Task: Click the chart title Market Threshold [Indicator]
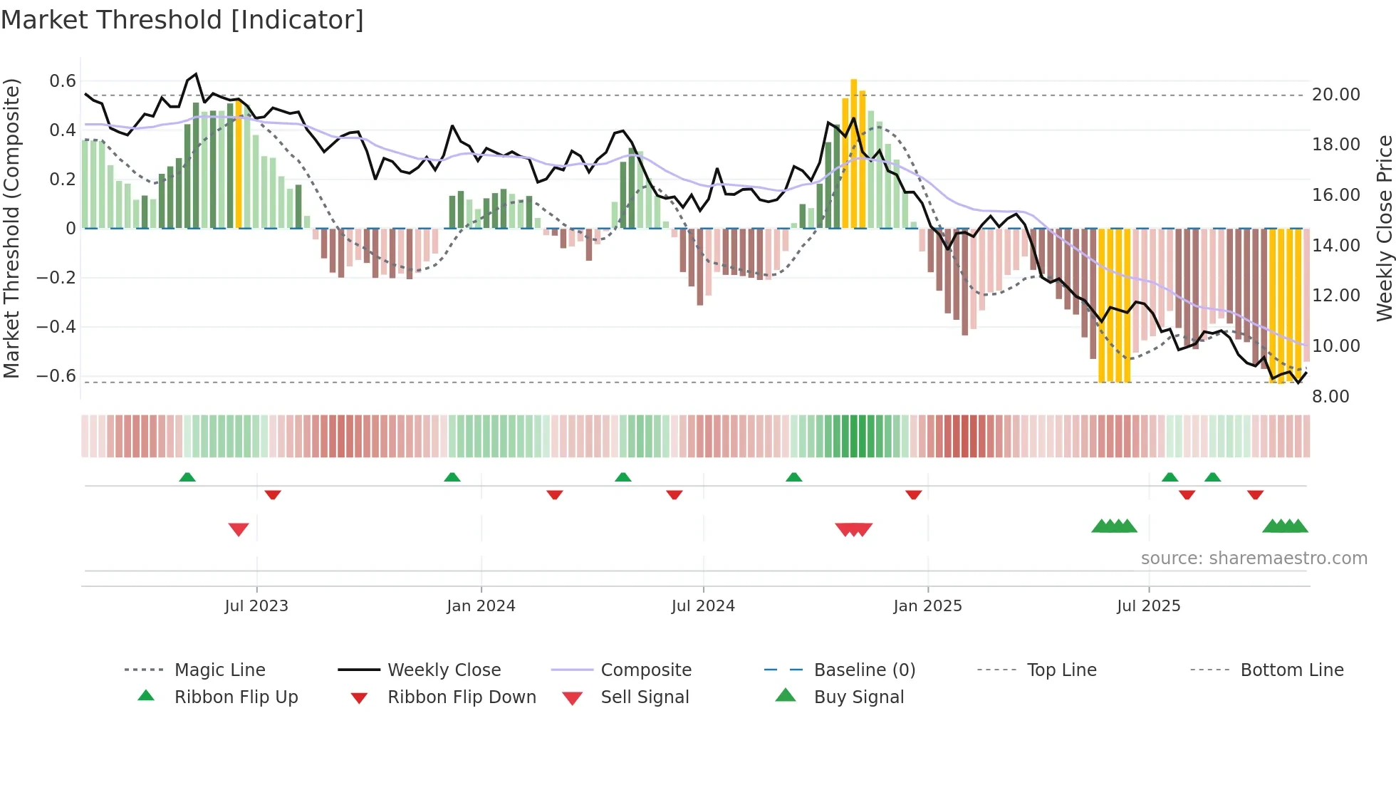tap(182, 20)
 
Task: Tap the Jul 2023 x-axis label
tap(256, 606)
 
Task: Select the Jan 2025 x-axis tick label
tap(927, 606)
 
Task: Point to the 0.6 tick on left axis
tap(63, 81)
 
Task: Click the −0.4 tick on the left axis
tap(56, 327)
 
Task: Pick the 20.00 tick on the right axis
tap(1335, 95)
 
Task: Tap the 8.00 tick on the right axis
tap(1330, 397)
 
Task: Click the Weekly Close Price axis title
tap(1384, 228)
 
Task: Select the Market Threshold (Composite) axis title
tap(11, 228)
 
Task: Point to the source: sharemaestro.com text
tap(1254, 558)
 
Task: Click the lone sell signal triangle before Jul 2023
tap(239, 529)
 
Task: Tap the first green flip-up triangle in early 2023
tap(187, 477)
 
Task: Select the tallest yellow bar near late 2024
tap(854, 153)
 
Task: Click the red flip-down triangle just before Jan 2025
tap(914, 494)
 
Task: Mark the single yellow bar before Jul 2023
tap(239, 164)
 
